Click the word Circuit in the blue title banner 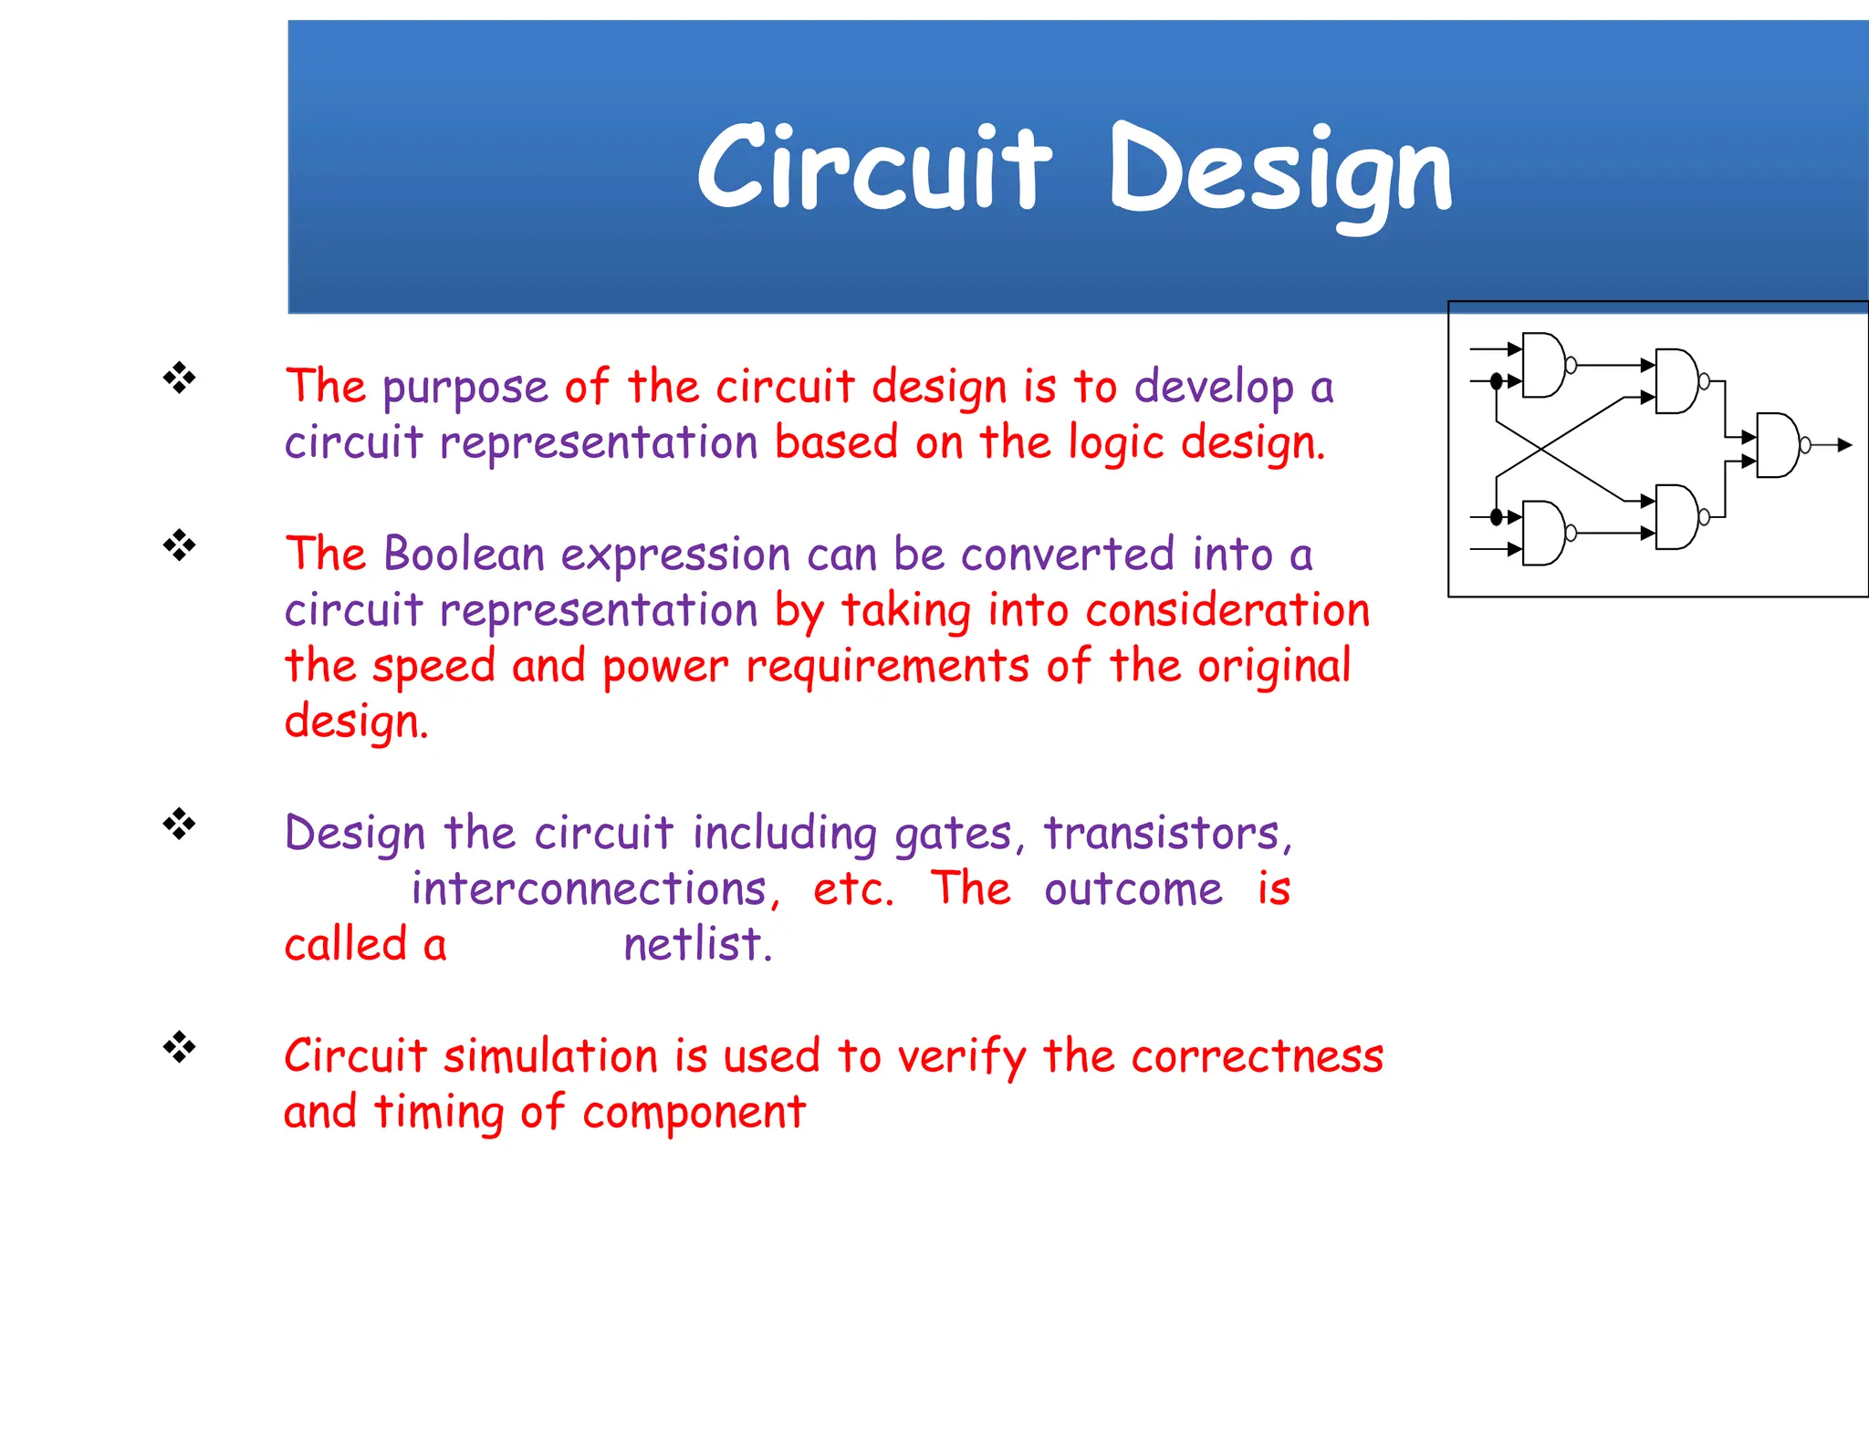click(x=873, y=169)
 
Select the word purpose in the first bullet click(x=465, y=388)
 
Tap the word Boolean click(x=464, y=554)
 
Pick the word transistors click(x=1167, y=833)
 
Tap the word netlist click(x=698, y=944)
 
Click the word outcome click(x=1133, y=888)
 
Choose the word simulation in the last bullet click(x=550, y=1056)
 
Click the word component click(x=694, y=1112)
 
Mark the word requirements click(x=887, y=666)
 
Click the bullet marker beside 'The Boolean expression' click(x=180, y=545)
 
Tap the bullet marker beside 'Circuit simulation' click(x=180, y=1047)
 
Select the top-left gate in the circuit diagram click(x=1544, y=365)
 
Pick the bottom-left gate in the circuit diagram click(x=1544, y=533)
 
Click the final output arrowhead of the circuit click(x=1844, y=445)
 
